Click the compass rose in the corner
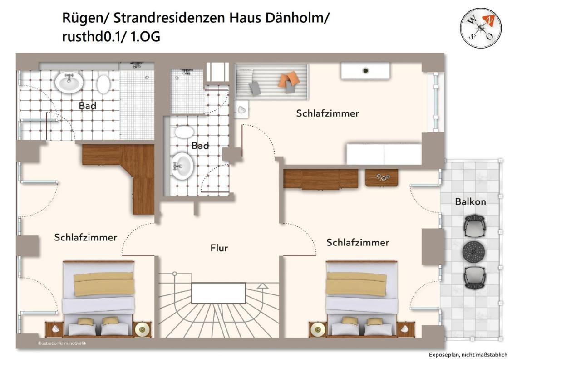click(481, 28)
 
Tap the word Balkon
click(470, 201)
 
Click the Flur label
click(219, 248)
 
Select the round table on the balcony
click(474, 251)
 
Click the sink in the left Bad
click(69, 82)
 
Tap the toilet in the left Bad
click(103, 84)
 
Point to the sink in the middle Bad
click(182, 166)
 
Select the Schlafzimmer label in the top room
click(327, 113)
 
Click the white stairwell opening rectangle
click(218, 293)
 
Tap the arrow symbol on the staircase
click(262, 286)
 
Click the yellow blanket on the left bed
click(104, 284)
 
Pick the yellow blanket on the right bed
click(356, 284)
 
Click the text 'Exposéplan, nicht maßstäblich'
click(468, 355)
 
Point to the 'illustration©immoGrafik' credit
click(62, 343)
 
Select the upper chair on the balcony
click(474, 225)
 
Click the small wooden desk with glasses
click(381, 177)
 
